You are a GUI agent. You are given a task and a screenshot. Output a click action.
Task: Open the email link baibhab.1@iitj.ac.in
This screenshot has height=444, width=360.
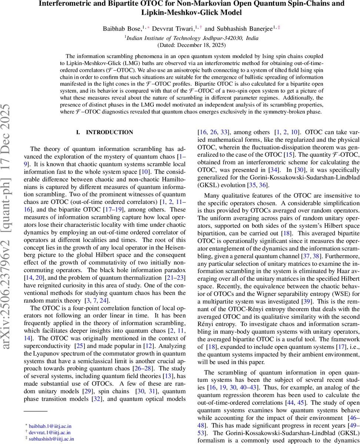50,426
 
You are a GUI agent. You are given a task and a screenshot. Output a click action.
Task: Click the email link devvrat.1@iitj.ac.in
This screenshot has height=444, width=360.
50,433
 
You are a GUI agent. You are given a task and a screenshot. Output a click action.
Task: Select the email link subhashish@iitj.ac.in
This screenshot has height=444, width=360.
51,439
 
